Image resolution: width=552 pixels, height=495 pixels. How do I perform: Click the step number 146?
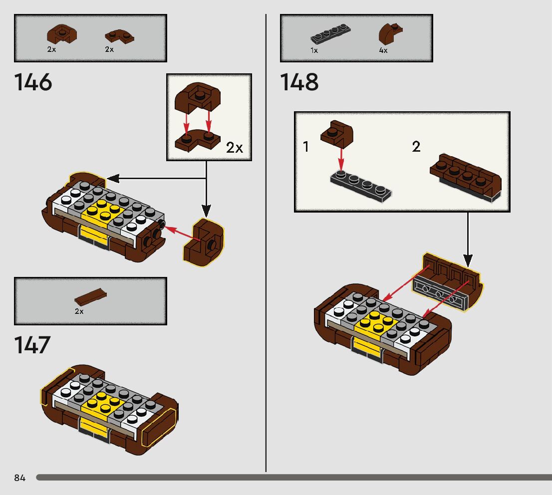(x=33, y=82)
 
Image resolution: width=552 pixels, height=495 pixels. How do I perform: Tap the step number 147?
(x=32, y=345)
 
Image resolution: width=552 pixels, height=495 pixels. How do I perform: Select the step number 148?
(x=299, y=82)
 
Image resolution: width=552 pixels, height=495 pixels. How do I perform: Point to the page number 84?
(x=20, y=478)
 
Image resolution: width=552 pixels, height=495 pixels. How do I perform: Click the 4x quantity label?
(x=383, y=50)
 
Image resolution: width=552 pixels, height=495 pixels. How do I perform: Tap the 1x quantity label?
(x=314, y=50)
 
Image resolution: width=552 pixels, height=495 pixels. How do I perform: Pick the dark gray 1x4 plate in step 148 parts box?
(x=330, y=34)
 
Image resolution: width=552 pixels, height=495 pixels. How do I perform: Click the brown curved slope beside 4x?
(x=390, y=33)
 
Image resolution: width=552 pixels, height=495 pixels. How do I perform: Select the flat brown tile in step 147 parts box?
(x=90, y=297)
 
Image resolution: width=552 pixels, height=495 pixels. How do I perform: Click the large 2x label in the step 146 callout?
(x=235, y=148)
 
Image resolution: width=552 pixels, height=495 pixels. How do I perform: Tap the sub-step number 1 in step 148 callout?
(x=306, y=147)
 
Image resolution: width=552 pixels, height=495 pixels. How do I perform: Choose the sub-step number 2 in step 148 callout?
(x=416, y=147)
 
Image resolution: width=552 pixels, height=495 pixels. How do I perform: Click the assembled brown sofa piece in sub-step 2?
(x=465, y=178)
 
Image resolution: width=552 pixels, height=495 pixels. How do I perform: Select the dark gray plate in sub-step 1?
(x=360, y=186)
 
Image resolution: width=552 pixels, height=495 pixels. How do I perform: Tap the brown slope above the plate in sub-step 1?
(x=336, y=133)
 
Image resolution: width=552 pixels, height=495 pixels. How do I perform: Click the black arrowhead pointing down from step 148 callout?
(x=468, y=261)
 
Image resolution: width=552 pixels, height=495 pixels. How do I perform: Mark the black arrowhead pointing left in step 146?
(x=113, y=179)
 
